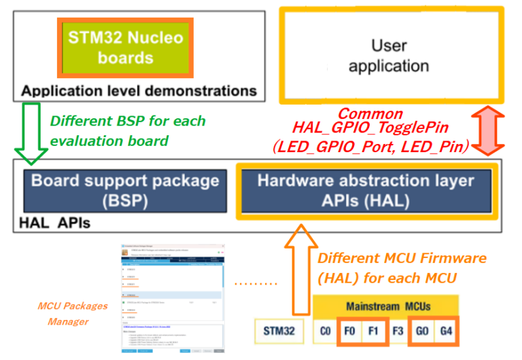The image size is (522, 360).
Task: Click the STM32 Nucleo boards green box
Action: [x=125, y=47]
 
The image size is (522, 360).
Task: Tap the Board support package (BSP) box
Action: [x=125, y=190]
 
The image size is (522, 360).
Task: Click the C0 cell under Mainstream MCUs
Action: [x=326, y=332]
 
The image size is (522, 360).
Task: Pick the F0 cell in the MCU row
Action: [x=351, y=332]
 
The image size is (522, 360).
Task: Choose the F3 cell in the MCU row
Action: [x=399, y=332]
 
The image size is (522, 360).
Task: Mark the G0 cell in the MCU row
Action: [x=423, y=332]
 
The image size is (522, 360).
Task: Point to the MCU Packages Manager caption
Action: [x=67, y=314]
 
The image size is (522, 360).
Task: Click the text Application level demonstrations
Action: [x=139, y=90]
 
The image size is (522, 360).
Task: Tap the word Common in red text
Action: [x=370, y=113]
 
